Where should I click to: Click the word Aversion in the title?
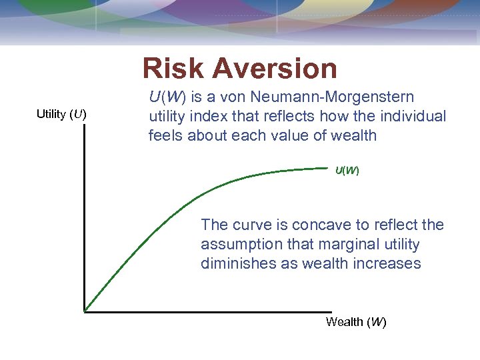[x=277, y=69]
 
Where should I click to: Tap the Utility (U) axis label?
[x=61, y=114]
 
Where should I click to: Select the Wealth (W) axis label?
[x=356, y=322]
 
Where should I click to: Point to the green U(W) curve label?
[x=347, y=171]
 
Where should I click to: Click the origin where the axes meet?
[x=85, y=311]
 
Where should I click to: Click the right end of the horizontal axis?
[x=331, y=311]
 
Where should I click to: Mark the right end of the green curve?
[x=331, y=167]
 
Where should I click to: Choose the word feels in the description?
[x=165, y=136]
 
